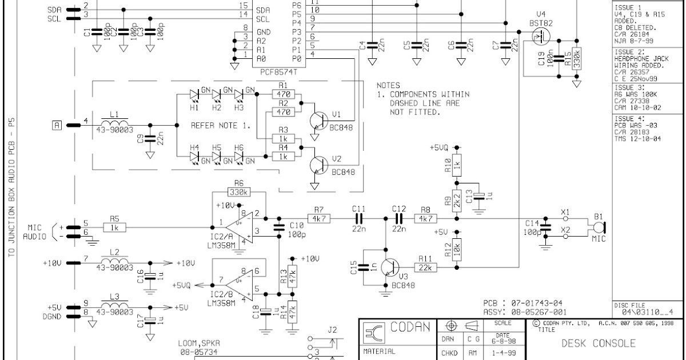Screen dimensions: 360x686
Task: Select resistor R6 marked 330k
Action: [238, 192]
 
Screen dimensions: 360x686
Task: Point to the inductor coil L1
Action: [115, 124]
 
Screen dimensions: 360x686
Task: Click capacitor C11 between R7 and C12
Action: [359, 218]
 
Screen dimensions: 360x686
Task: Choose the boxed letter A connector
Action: [57, 125]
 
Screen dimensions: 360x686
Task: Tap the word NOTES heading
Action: [388, 85]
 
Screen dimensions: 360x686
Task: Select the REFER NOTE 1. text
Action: [220, 125]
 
